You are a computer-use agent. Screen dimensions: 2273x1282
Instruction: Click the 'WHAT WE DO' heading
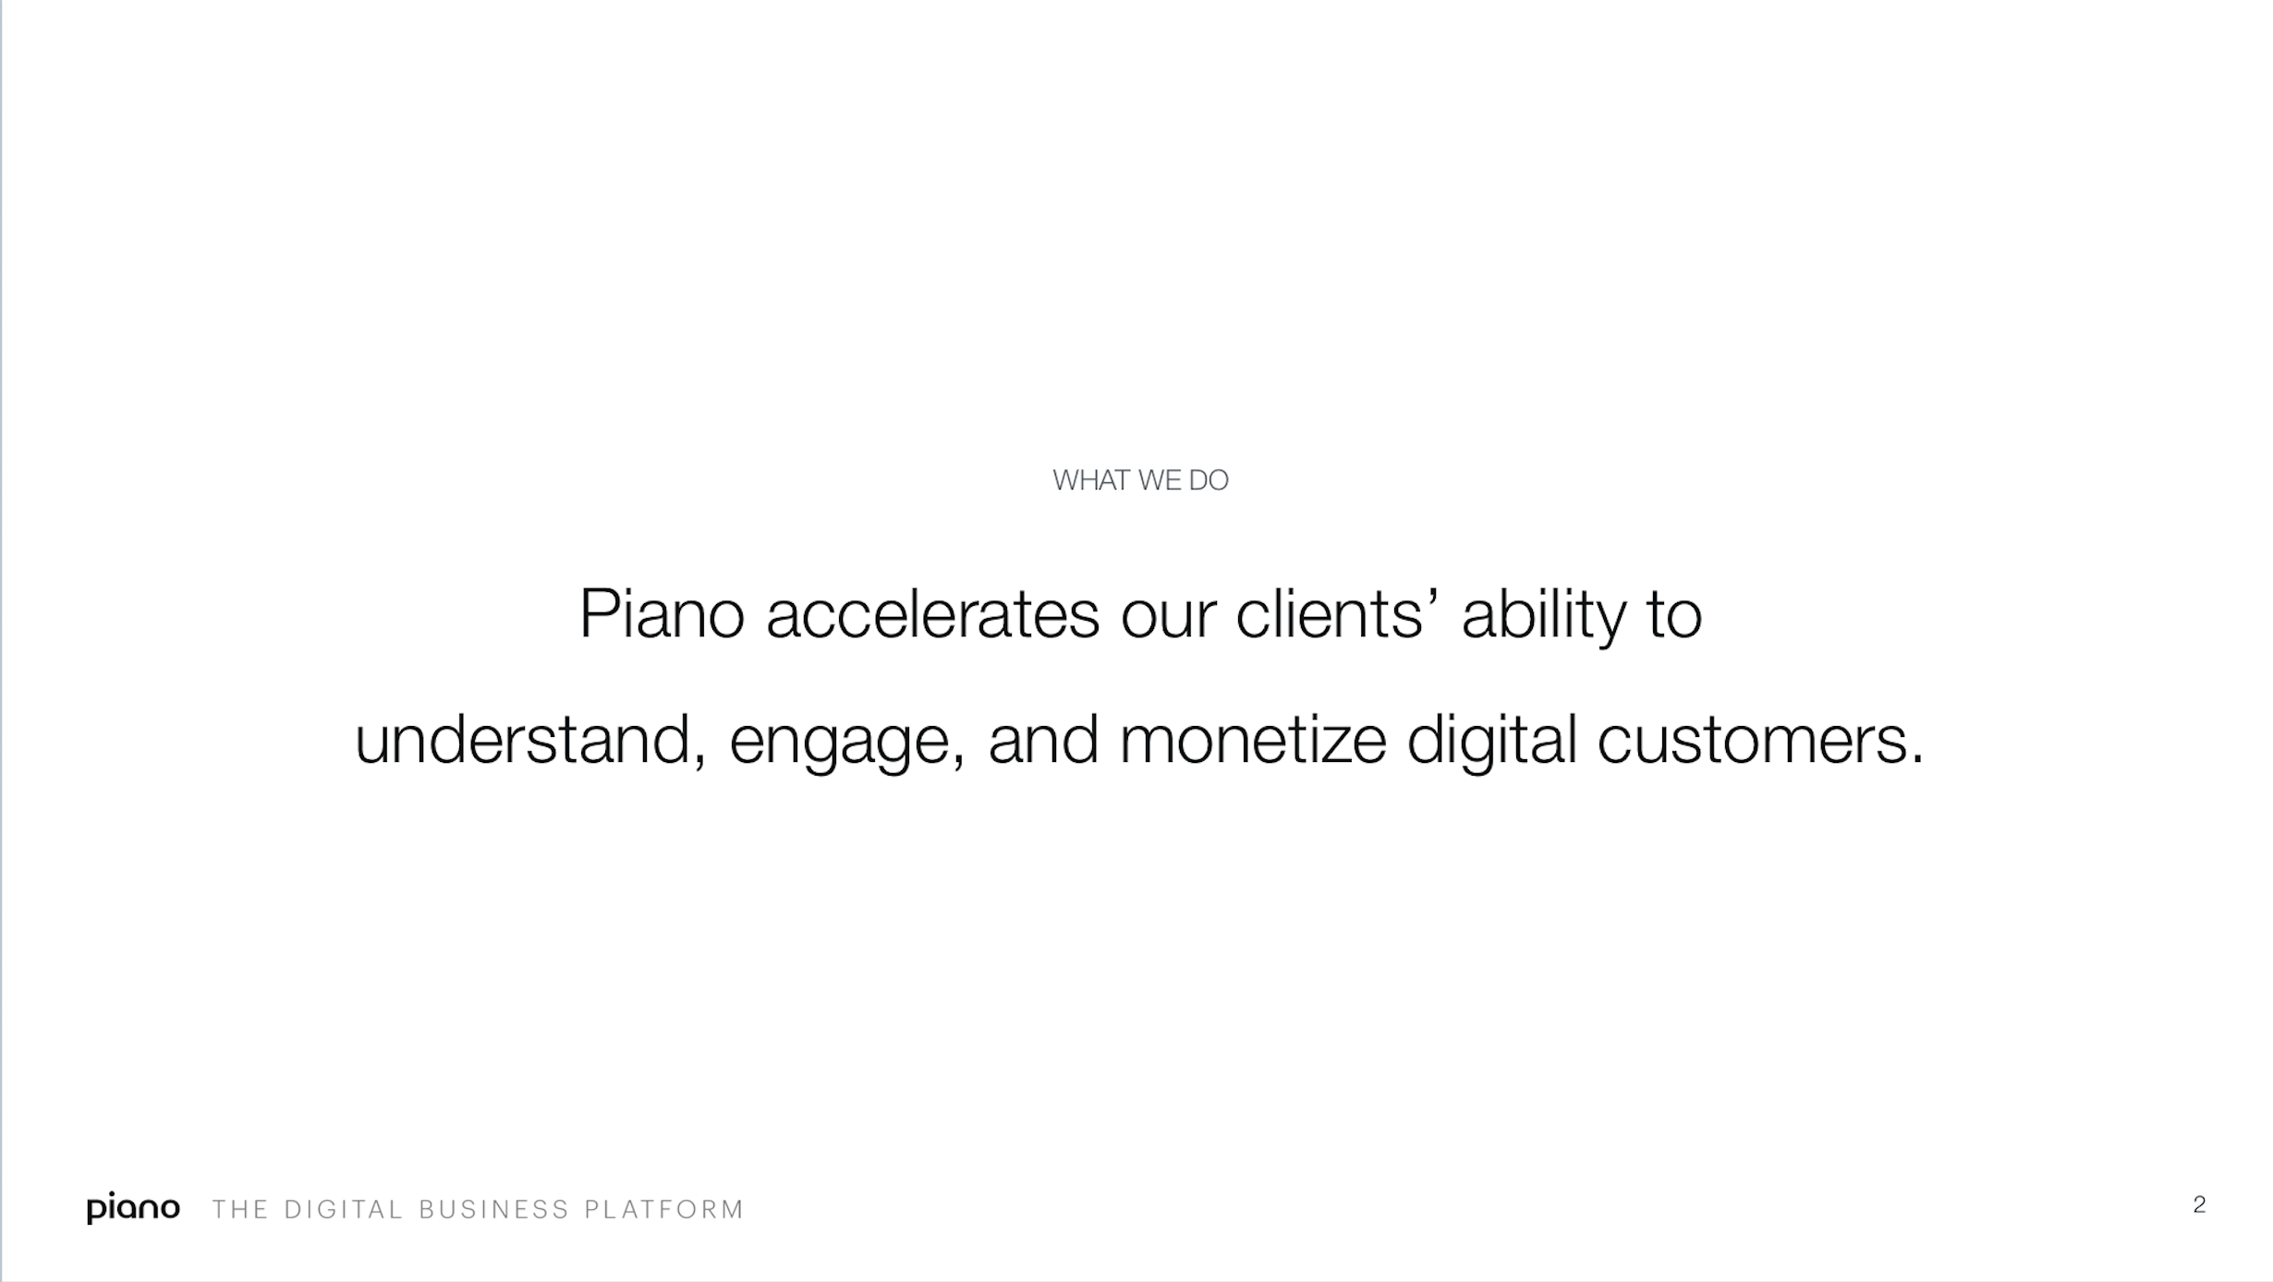point(1140,480)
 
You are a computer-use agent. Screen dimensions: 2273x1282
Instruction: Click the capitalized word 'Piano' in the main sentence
point(662,613)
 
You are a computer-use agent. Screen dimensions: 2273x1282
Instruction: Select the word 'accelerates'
point(933,614)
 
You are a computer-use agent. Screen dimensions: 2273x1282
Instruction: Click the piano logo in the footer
point(133,1208)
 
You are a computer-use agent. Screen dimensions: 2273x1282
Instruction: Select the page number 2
point(2199,1204)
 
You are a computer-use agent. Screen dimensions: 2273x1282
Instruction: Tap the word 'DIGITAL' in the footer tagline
point(344,1209)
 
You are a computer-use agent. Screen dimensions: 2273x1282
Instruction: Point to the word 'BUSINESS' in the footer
point(494,1209)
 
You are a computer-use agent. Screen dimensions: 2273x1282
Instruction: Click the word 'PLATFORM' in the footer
point(664,1209)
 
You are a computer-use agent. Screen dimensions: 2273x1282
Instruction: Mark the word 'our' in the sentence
point(1168,617)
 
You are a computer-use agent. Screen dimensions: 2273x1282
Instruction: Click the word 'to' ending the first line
point(1674,616)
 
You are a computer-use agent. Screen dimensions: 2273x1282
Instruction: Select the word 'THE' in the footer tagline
point(240,1209)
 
